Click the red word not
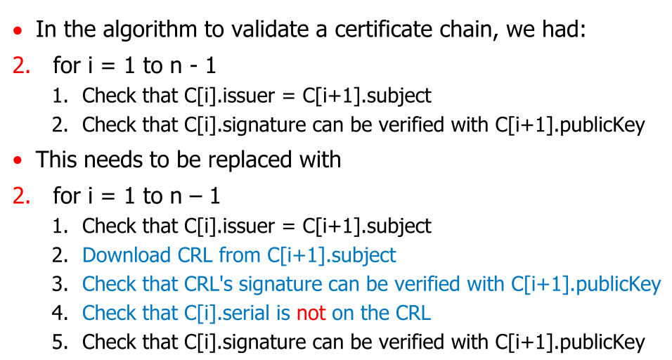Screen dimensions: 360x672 coord(311,313)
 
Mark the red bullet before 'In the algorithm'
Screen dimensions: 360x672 coord(18,32)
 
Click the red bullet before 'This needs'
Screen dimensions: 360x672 coord(18,161)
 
